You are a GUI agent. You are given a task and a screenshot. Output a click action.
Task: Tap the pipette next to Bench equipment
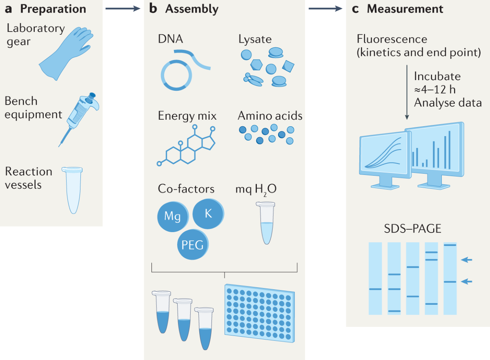[x=80, y=114]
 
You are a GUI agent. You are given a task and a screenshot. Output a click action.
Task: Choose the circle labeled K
[x=208, y=213]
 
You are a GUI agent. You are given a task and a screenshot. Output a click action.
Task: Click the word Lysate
[x=255, y=40]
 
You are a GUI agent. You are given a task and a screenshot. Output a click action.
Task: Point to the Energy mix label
[x=187, y=116]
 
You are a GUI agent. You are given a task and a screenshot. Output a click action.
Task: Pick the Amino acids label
[x=270, y=116]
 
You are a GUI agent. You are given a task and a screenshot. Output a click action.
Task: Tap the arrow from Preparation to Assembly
[x=122, y=9]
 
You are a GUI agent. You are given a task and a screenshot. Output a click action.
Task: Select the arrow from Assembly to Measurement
[x=325, y=9]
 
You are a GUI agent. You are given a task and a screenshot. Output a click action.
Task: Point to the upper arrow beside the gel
[x=466, y=259]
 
